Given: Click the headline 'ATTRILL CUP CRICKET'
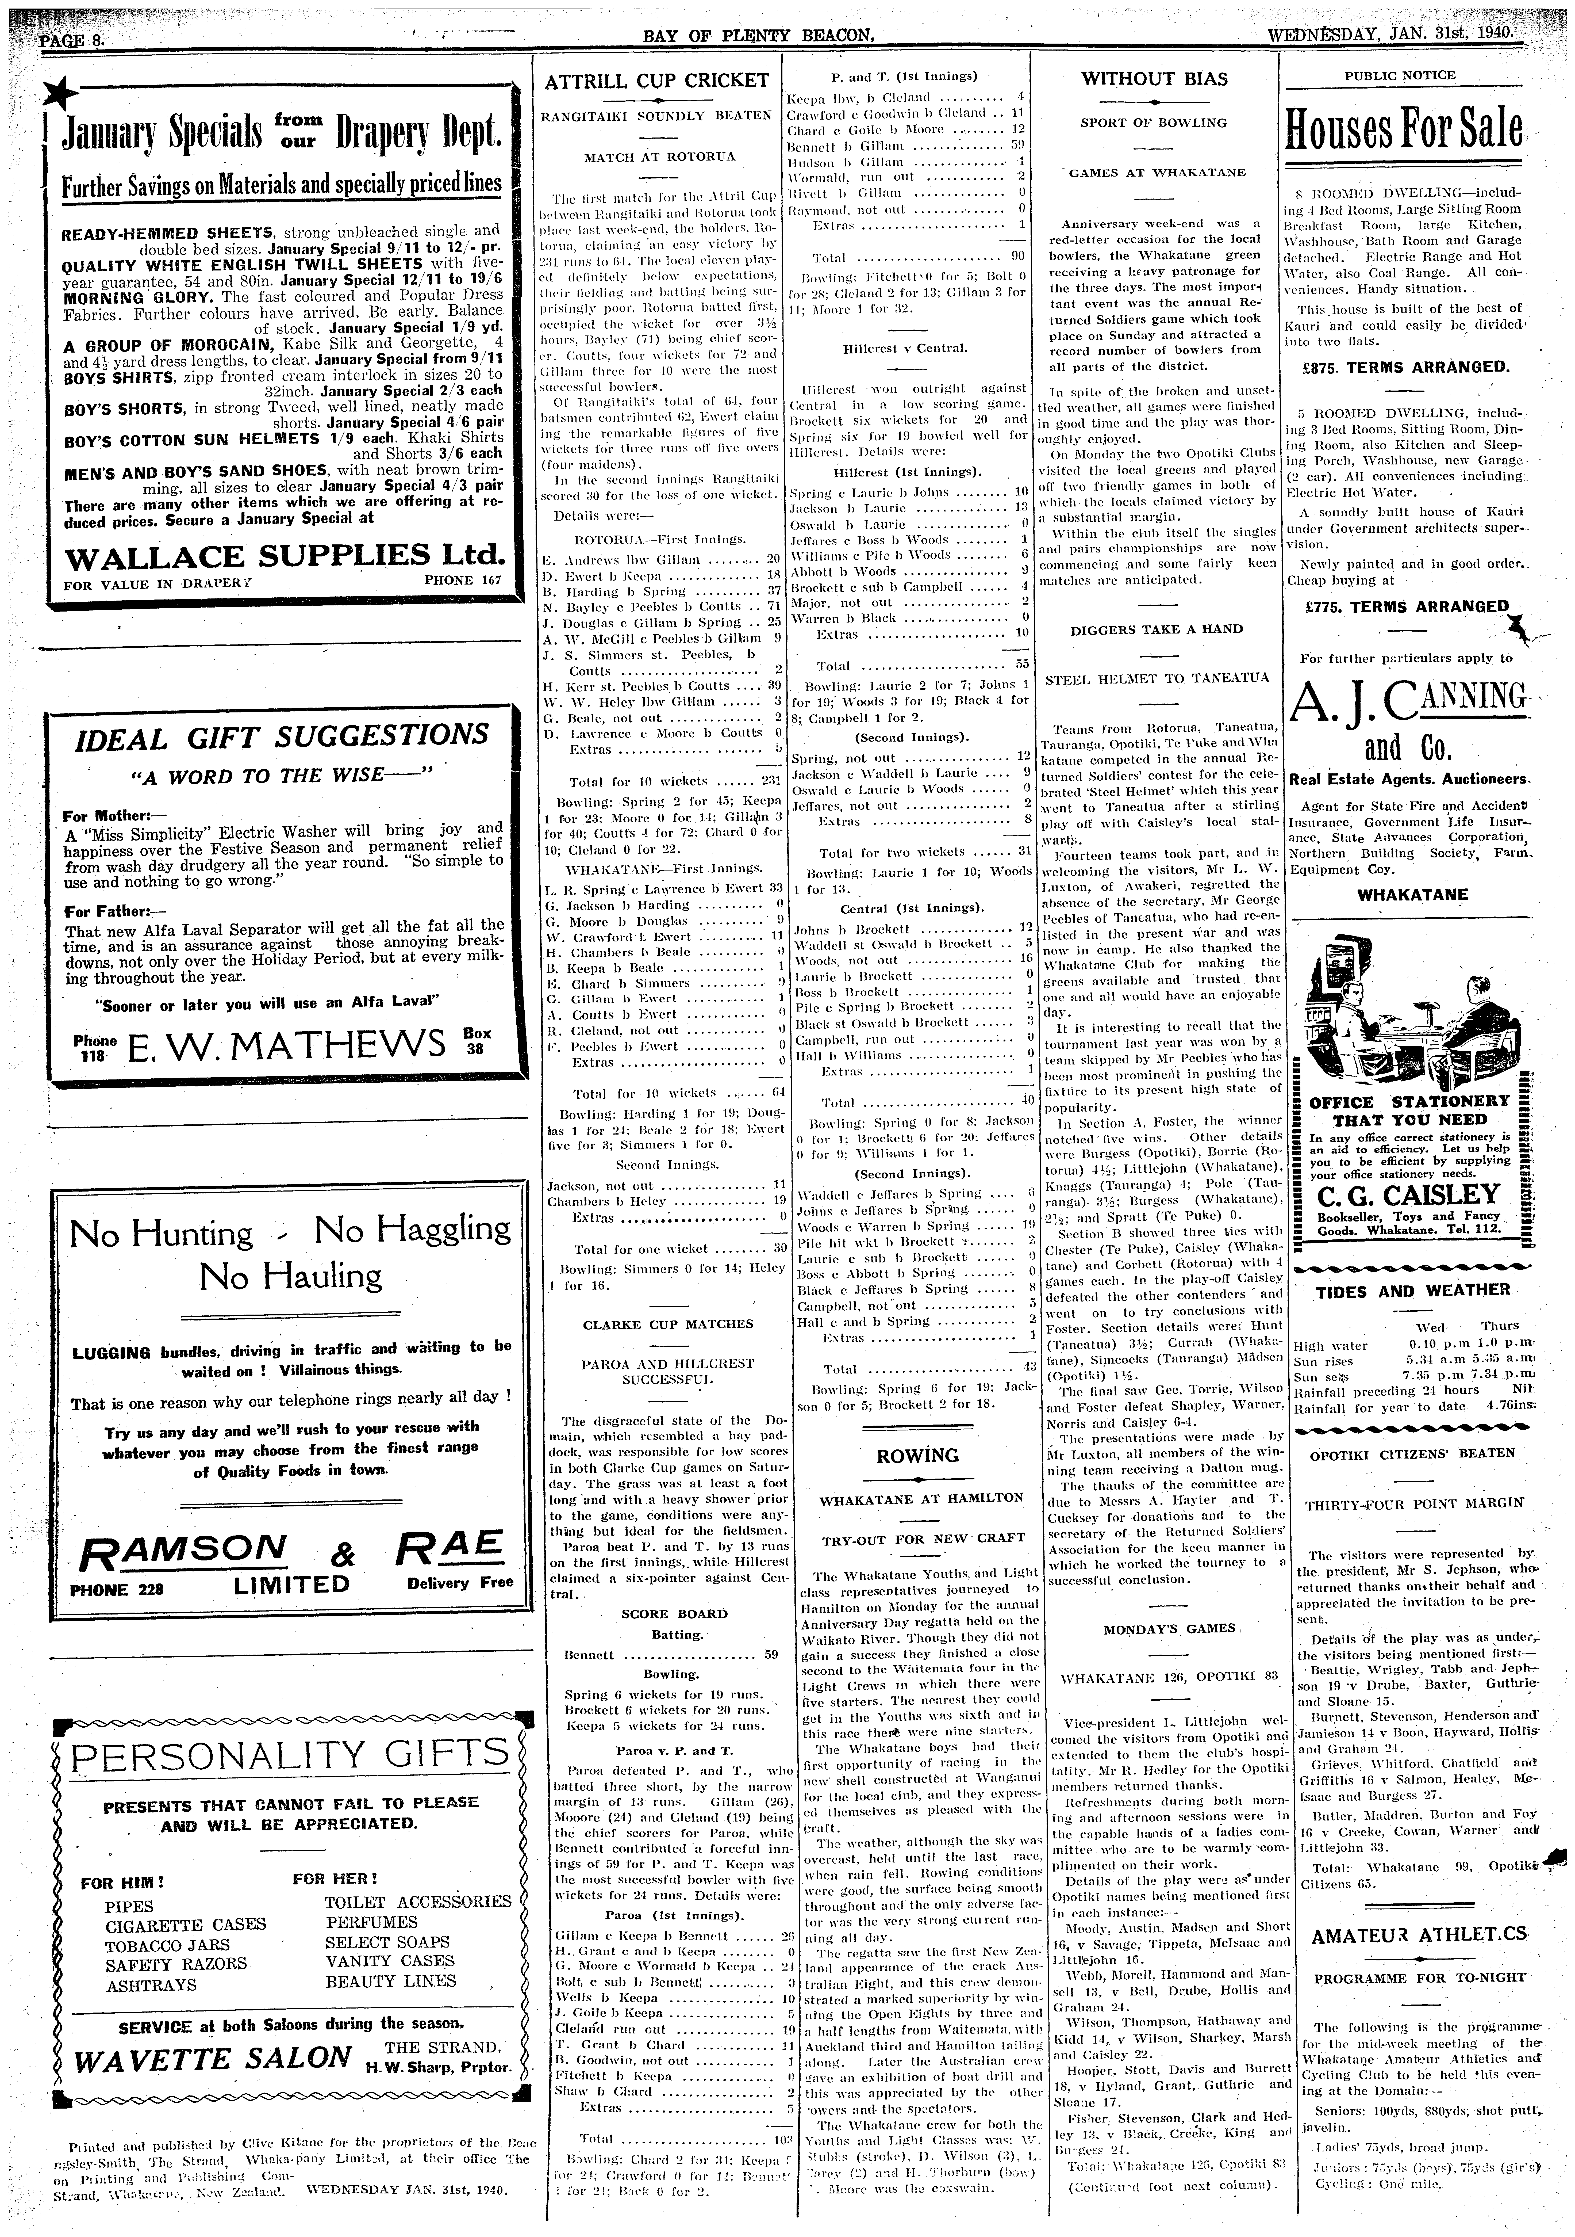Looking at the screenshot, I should tap(656, 81).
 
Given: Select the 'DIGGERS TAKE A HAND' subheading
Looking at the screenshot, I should tap(1156, 629).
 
